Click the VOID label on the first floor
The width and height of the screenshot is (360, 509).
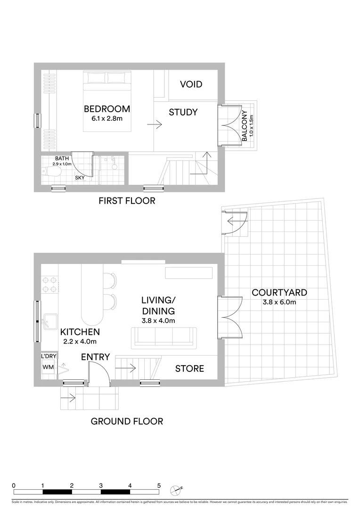point(191,84)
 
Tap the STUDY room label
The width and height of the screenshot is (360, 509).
point(183,112)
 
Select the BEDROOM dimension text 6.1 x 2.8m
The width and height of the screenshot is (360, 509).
point(107,118)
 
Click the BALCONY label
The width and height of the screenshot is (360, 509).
point(245,126)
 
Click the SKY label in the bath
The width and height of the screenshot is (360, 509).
point(81,178)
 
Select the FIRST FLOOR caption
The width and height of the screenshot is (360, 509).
point(127,201)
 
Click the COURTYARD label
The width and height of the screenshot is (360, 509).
point(279,293)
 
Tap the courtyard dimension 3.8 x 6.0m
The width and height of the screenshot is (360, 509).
point(280,303)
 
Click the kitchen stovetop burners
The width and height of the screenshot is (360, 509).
point(50,284)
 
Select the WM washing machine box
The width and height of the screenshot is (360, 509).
point(48,367)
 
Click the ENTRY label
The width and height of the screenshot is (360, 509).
point(95,357)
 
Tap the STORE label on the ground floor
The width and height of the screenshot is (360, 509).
point(189,369)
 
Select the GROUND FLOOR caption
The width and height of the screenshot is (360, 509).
point(127,421)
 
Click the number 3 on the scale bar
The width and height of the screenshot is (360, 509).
point(101,485)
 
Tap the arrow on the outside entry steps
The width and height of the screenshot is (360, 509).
point(70,398)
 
